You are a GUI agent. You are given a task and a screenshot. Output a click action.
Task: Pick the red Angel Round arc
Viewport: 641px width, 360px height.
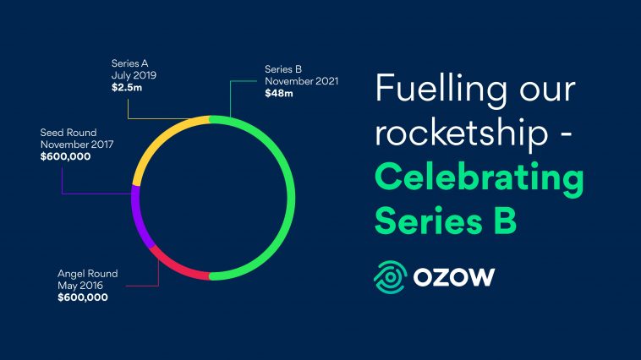[178, 267]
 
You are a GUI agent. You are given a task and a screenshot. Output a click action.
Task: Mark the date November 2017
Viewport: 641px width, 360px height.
[76, 145]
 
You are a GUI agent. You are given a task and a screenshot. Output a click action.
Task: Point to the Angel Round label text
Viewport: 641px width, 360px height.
[87, 274]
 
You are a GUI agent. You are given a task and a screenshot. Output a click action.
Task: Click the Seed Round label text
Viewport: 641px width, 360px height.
[69, 133]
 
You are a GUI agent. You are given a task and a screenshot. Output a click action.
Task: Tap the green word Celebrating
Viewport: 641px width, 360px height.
[479, 177]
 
